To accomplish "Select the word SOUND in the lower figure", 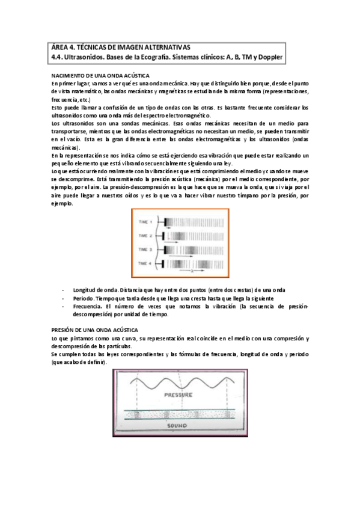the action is (x=179, y=425).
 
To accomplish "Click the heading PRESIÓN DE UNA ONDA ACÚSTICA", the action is (x=95, y=330).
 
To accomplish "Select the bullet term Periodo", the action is (x=82, y=298).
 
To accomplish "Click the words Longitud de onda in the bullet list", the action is (x=93, y=290).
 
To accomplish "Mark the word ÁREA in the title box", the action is (x=59, y=46).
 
